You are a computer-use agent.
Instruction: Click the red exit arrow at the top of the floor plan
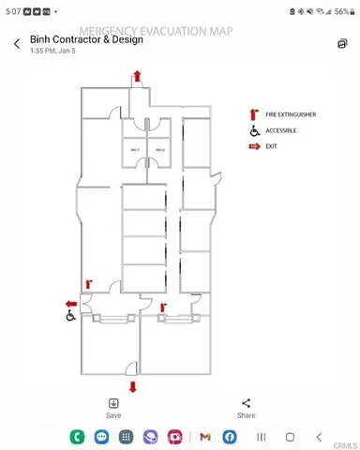tap(139, 76)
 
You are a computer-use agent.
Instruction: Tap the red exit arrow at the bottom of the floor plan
tap(132, 386)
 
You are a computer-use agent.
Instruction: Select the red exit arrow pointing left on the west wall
tap(70, 304)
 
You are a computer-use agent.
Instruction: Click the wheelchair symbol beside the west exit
tap(70, 317)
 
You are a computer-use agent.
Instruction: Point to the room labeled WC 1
tap(134, 150)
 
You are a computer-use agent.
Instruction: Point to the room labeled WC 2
tap(159, 150)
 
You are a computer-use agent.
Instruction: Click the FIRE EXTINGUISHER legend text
tap(291, 114)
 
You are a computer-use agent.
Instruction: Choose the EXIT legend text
tap(272, 146)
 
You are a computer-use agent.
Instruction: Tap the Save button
tap(113, 408)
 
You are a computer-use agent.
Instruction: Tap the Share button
tap(246, 408)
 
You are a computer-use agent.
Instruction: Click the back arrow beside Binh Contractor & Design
tap(17, 44)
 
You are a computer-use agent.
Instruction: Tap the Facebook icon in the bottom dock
tap(230, 437)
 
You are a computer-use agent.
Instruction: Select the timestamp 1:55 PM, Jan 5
tap(53, 52)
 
